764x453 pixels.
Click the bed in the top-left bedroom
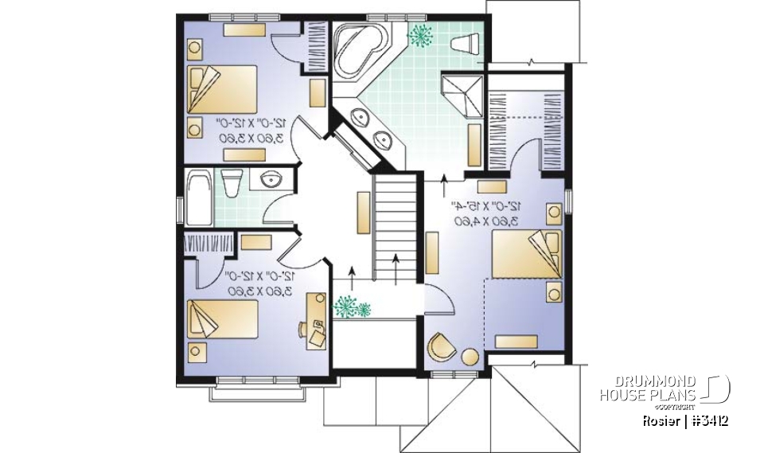[222, 88]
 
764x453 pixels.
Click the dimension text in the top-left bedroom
[252, 130]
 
